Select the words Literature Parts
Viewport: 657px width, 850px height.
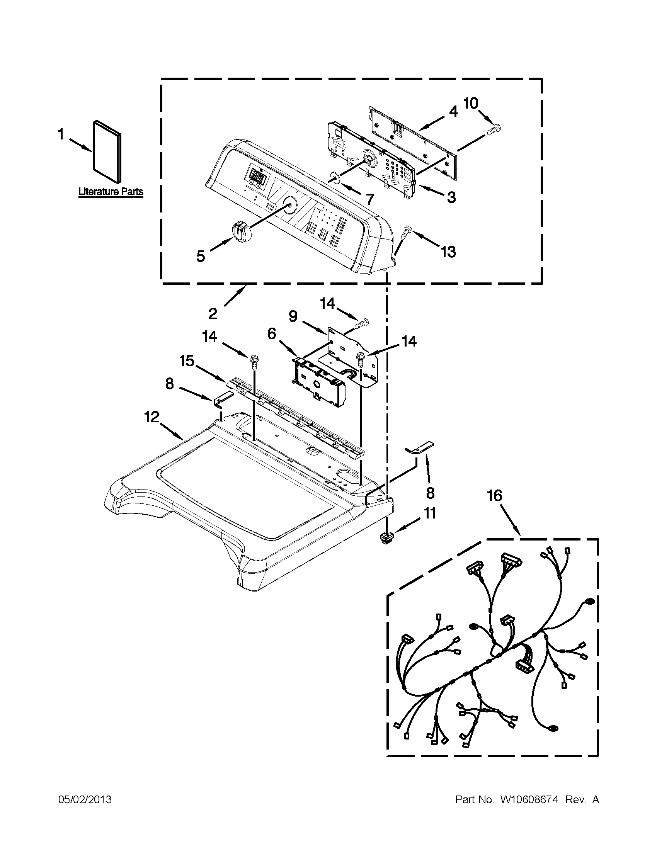click(111, 192)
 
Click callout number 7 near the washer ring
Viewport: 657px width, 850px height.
click(369, 200)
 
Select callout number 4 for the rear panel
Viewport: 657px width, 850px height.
click(453, 111)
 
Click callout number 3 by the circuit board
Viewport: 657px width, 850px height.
click(451, 197)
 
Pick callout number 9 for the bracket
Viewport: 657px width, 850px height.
click(293, 316)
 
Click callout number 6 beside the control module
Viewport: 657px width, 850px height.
click(271, 333)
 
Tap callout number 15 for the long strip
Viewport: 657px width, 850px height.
click(187, 361)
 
